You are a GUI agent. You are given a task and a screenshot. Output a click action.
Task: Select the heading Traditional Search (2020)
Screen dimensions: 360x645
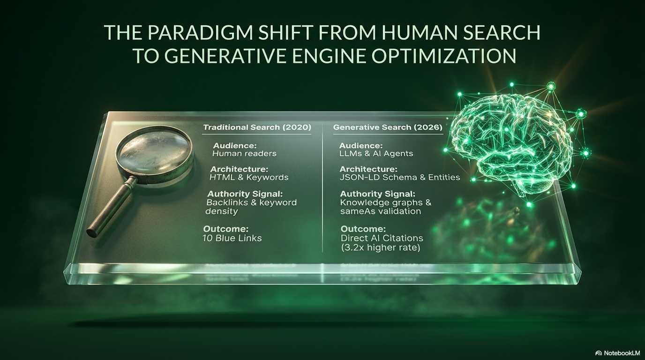[x=257, y=127]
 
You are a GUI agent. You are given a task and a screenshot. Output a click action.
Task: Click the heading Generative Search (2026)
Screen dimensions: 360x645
[x=387, y=127]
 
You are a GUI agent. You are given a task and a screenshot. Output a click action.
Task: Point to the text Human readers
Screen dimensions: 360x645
[x=244, y=153]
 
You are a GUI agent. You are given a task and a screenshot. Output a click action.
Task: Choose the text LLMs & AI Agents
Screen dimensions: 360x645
[x=376, y=153]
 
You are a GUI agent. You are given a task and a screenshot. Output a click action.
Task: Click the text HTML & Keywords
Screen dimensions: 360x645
[x=249, y=177]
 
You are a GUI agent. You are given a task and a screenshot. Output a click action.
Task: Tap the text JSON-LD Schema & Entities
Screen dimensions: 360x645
[x=400, y=177]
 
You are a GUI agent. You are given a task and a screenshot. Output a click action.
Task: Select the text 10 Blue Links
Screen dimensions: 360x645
[x=232, y=238]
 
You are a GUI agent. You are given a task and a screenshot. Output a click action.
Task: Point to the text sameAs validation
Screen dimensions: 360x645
[x=380, y=211]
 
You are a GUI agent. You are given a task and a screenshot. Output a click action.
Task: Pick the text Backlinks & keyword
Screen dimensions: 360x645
[x=252, y=202]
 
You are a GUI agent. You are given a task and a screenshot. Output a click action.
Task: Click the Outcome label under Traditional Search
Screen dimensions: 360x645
[x=225, y=229]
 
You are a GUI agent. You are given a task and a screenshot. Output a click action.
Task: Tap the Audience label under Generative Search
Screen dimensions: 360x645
[x=360, y=145]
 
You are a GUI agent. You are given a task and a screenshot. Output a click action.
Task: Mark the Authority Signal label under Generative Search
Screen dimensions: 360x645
[x=378, y=194]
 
